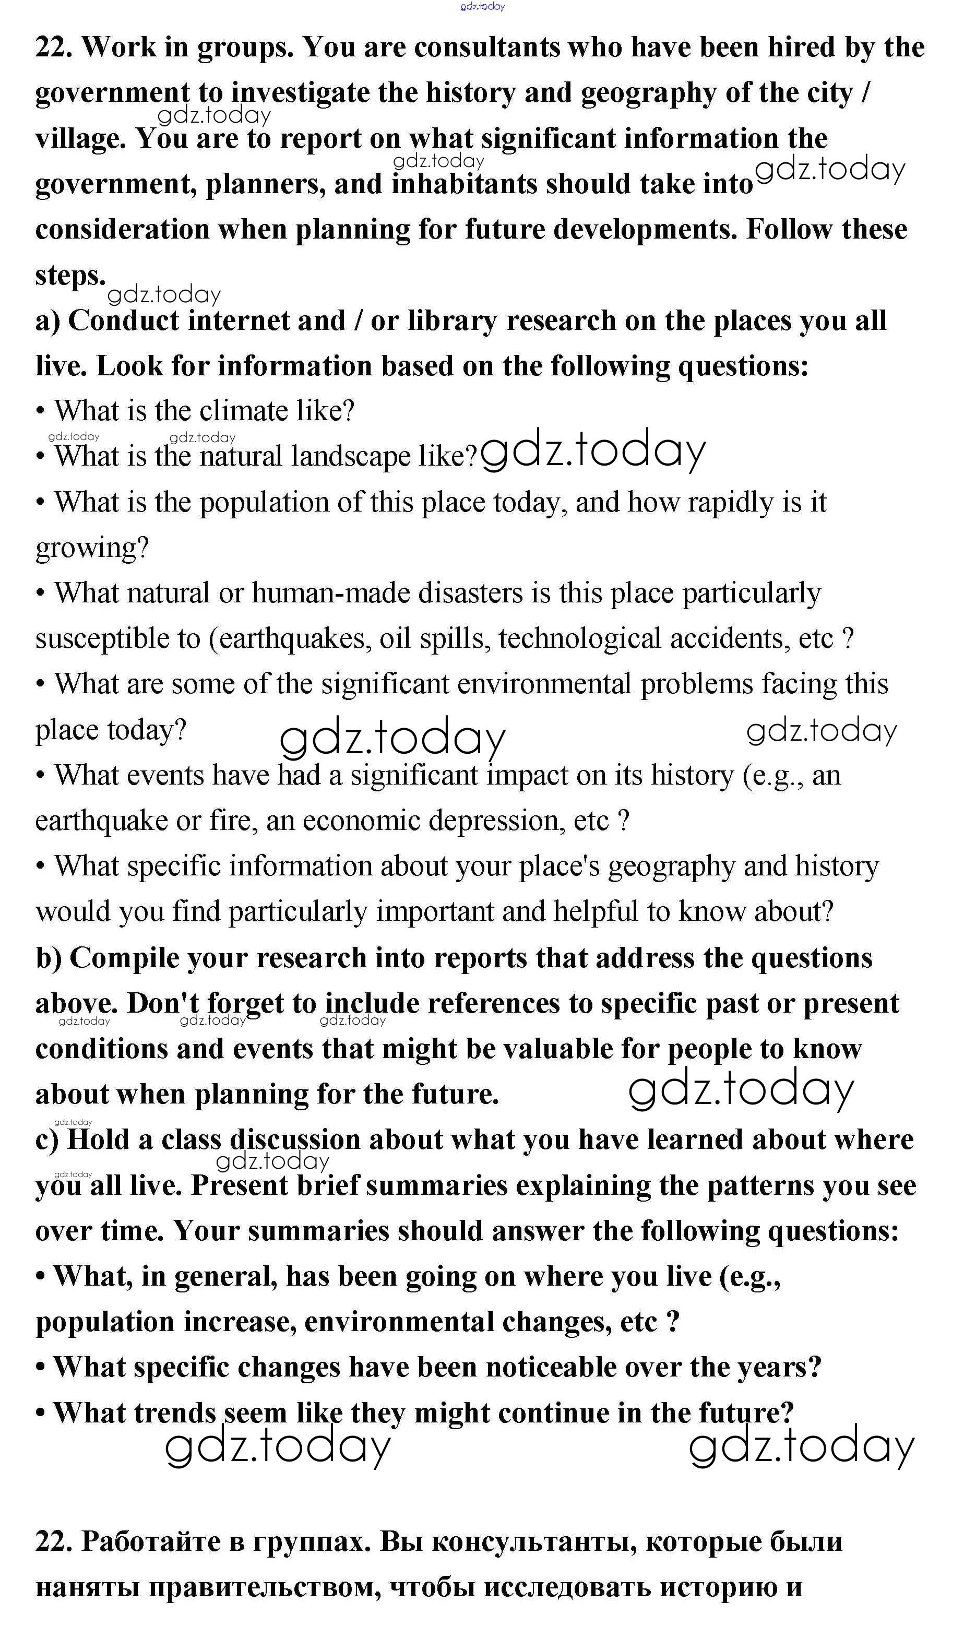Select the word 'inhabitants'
pyautogui.click(x=465, y=184)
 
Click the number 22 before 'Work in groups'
pyautogui.click(x=54, y=47)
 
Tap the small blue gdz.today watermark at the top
pyautogui.click(x=483, y=7)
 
